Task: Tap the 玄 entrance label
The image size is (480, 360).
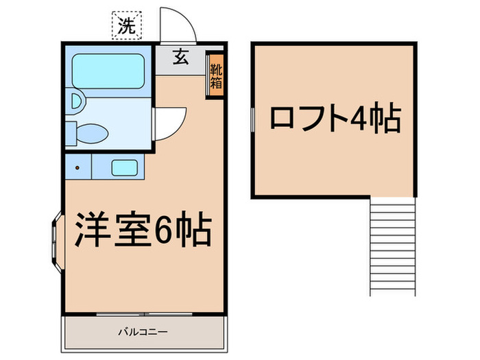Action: [x=180, y=58]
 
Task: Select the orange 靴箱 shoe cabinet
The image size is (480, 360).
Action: [x=215, y=76]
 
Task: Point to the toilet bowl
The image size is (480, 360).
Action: [x=90, y=132]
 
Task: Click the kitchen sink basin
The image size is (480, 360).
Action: [x=123, y=167]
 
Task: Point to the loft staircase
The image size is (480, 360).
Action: [x=392, y=245]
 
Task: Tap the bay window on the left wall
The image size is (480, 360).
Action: [x=55, y=240]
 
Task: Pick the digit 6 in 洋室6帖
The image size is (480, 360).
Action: [x=164, y=231]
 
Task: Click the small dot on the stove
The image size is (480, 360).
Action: [x=77, y=167]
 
